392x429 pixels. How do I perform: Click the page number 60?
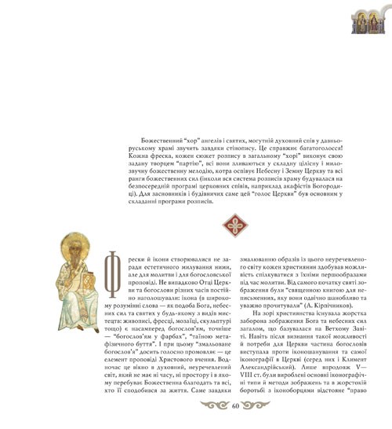tap(234, 406)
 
